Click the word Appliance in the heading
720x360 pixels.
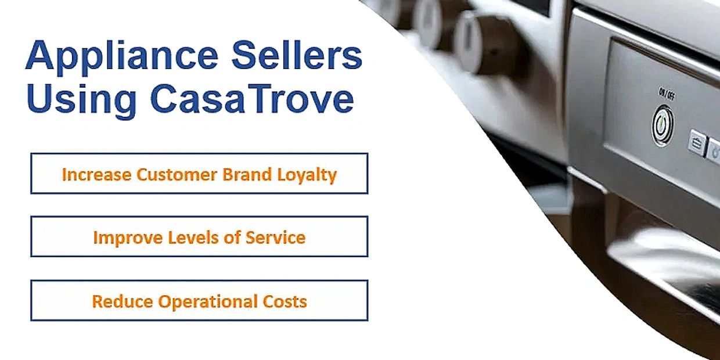coord(122,56)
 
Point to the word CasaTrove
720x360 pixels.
coord(252,98)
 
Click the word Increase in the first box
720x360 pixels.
coord(96,175)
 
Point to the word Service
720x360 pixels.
coord(275,237)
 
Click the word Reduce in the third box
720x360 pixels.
coord(123,301)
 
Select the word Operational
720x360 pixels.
coord(208,302)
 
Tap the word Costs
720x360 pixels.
coord(285,301)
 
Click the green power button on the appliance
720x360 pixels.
coord(663,125)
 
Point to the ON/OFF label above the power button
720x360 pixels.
coord(667,95)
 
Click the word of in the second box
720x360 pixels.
coord(232,237)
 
